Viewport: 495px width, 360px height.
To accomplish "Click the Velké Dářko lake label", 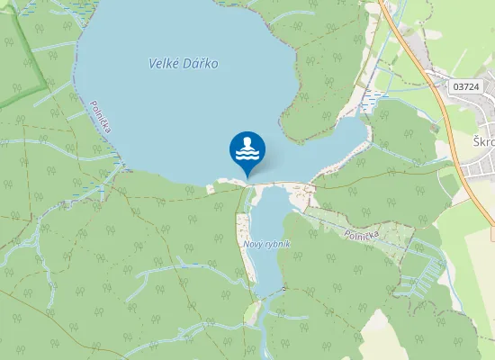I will click(x=183, y=64).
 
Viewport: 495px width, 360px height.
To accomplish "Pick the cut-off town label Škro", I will click(x=483, y=142).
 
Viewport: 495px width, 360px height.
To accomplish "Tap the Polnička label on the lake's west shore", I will click(x=100, y=117).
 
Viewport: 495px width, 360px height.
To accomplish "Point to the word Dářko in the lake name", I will click(x=201, y=64).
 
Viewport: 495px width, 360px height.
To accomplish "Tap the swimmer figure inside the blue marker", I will click(x=247, y=148).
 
